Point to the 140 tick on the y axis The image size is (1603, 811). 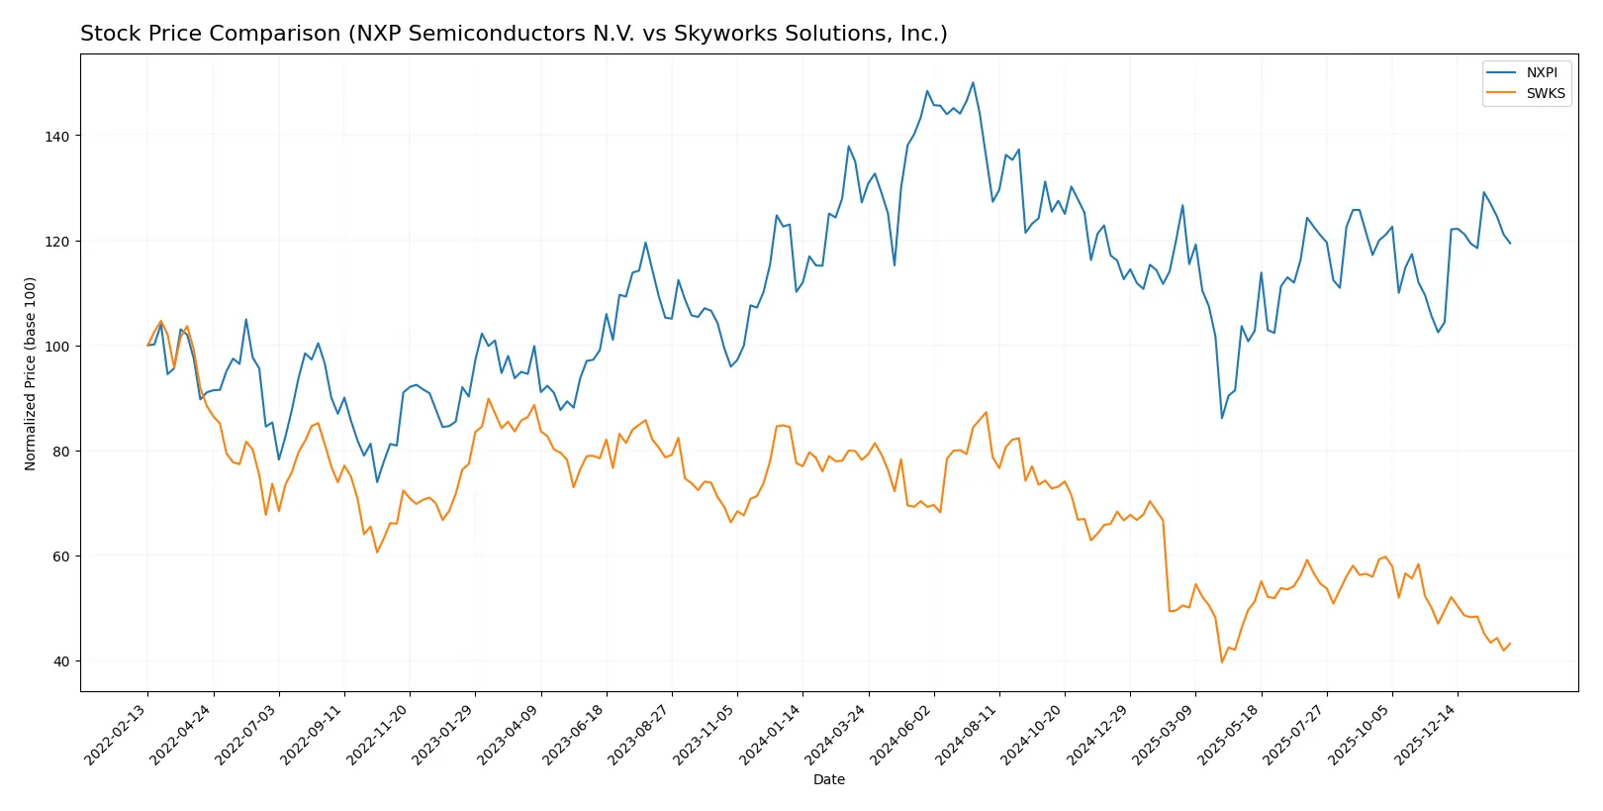(x=57, y=137)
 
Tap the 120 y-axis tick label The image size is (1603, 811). (x=57, y=242)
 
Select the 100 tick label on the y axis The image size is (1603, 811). (x=57, y=347)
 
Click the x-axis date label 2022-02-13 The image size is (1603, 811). (x=116, y=734)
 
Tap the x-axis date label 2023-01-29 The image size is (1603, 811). (x=443, y=734)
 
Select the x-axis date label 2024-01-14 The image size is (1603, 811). (x=771, y=734)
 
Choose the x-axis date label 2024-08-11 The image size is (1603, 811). (x=967, y=734)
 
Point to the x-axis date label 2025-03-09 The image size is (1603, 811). (x=1164, y=734)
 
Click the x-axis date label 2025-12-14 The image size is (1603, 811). (x=1425, y=734)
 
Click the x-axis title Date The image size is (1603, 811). (x=829, y=779)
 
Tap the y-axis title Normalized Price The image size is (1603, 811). (x=31, y=373)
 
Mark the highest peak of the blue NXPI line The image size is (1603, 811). (x=973, y=82)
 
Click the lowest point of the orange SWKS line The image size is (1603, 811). (x=1222, y=661)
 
